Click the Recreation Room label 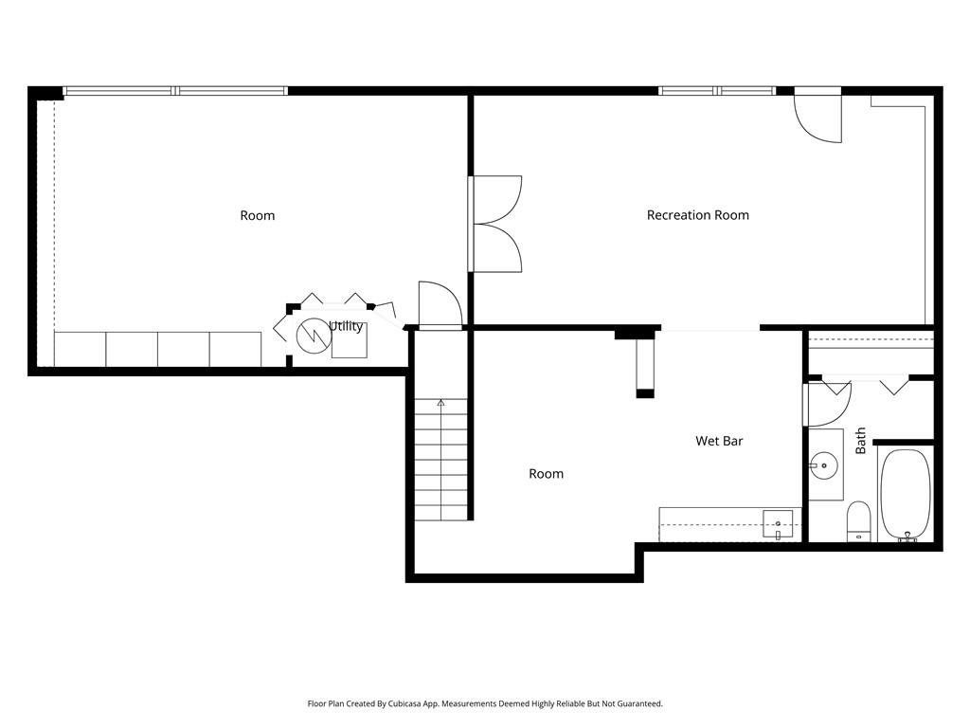coord(698,215)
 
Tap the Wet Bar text coord(719,441)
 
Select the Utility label coord(346,326)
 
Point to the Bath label coord(860,441)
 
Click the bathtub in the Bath coord(906,495)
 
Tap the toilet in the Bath coord(858,520)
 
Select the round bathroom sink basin coord(823,464)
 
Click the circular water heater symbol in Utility coord(314,337)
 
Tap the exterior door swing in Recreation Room coord(817,118)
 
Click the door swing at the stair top coord(440,303)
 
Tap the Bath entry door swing coord(830,405)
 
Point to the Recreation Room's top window coord(717,91)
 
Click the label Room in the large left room coord(258,215)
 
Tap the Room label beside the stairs coord(547,474)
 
